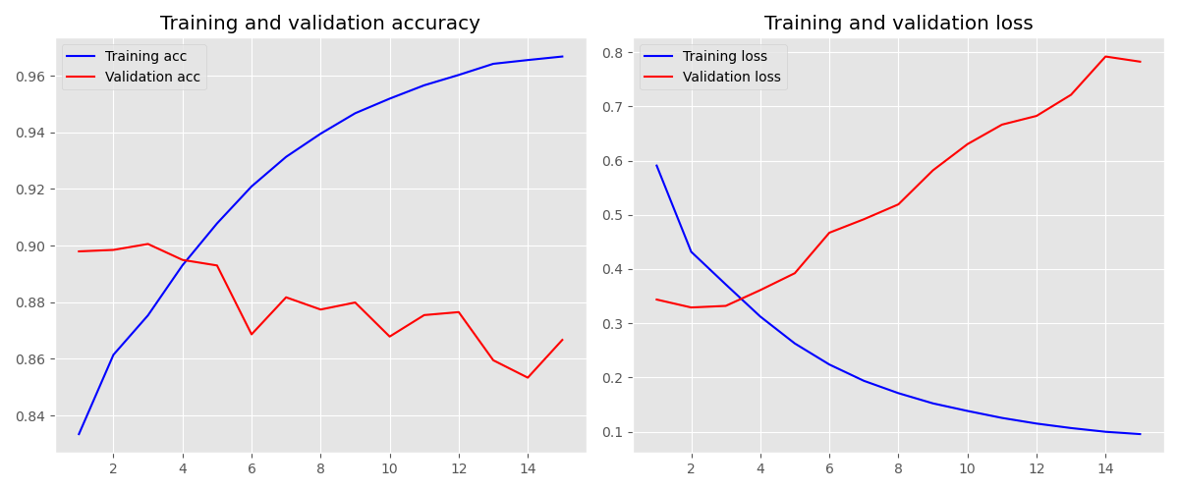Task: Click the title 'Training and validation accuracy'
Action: (320, 24)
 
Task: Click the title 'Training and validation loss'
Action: (898, 24)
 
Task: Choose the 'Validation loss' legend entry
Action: (731, 78)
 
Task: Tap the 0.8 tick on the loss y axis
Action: (614, 52)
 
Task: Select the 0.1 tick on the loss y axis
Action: (614, 432)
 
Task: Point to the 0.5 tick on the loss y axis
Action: (614, 215)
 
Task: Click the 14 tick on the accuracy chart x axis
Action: (528, 468)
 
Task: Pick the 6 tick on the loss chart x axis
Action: (829, 468)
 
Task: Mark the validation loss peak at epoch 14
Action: (1105, 56)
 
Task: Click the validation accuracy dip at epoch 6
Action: (252, 334)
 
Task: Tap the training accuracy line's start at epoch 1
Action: (80, 434)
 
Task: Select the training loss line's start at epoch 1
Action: (656, 165)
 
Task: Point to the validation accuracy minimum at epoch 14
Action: (528, 377)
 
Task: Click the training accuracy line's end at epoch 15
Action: (562, 56)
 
